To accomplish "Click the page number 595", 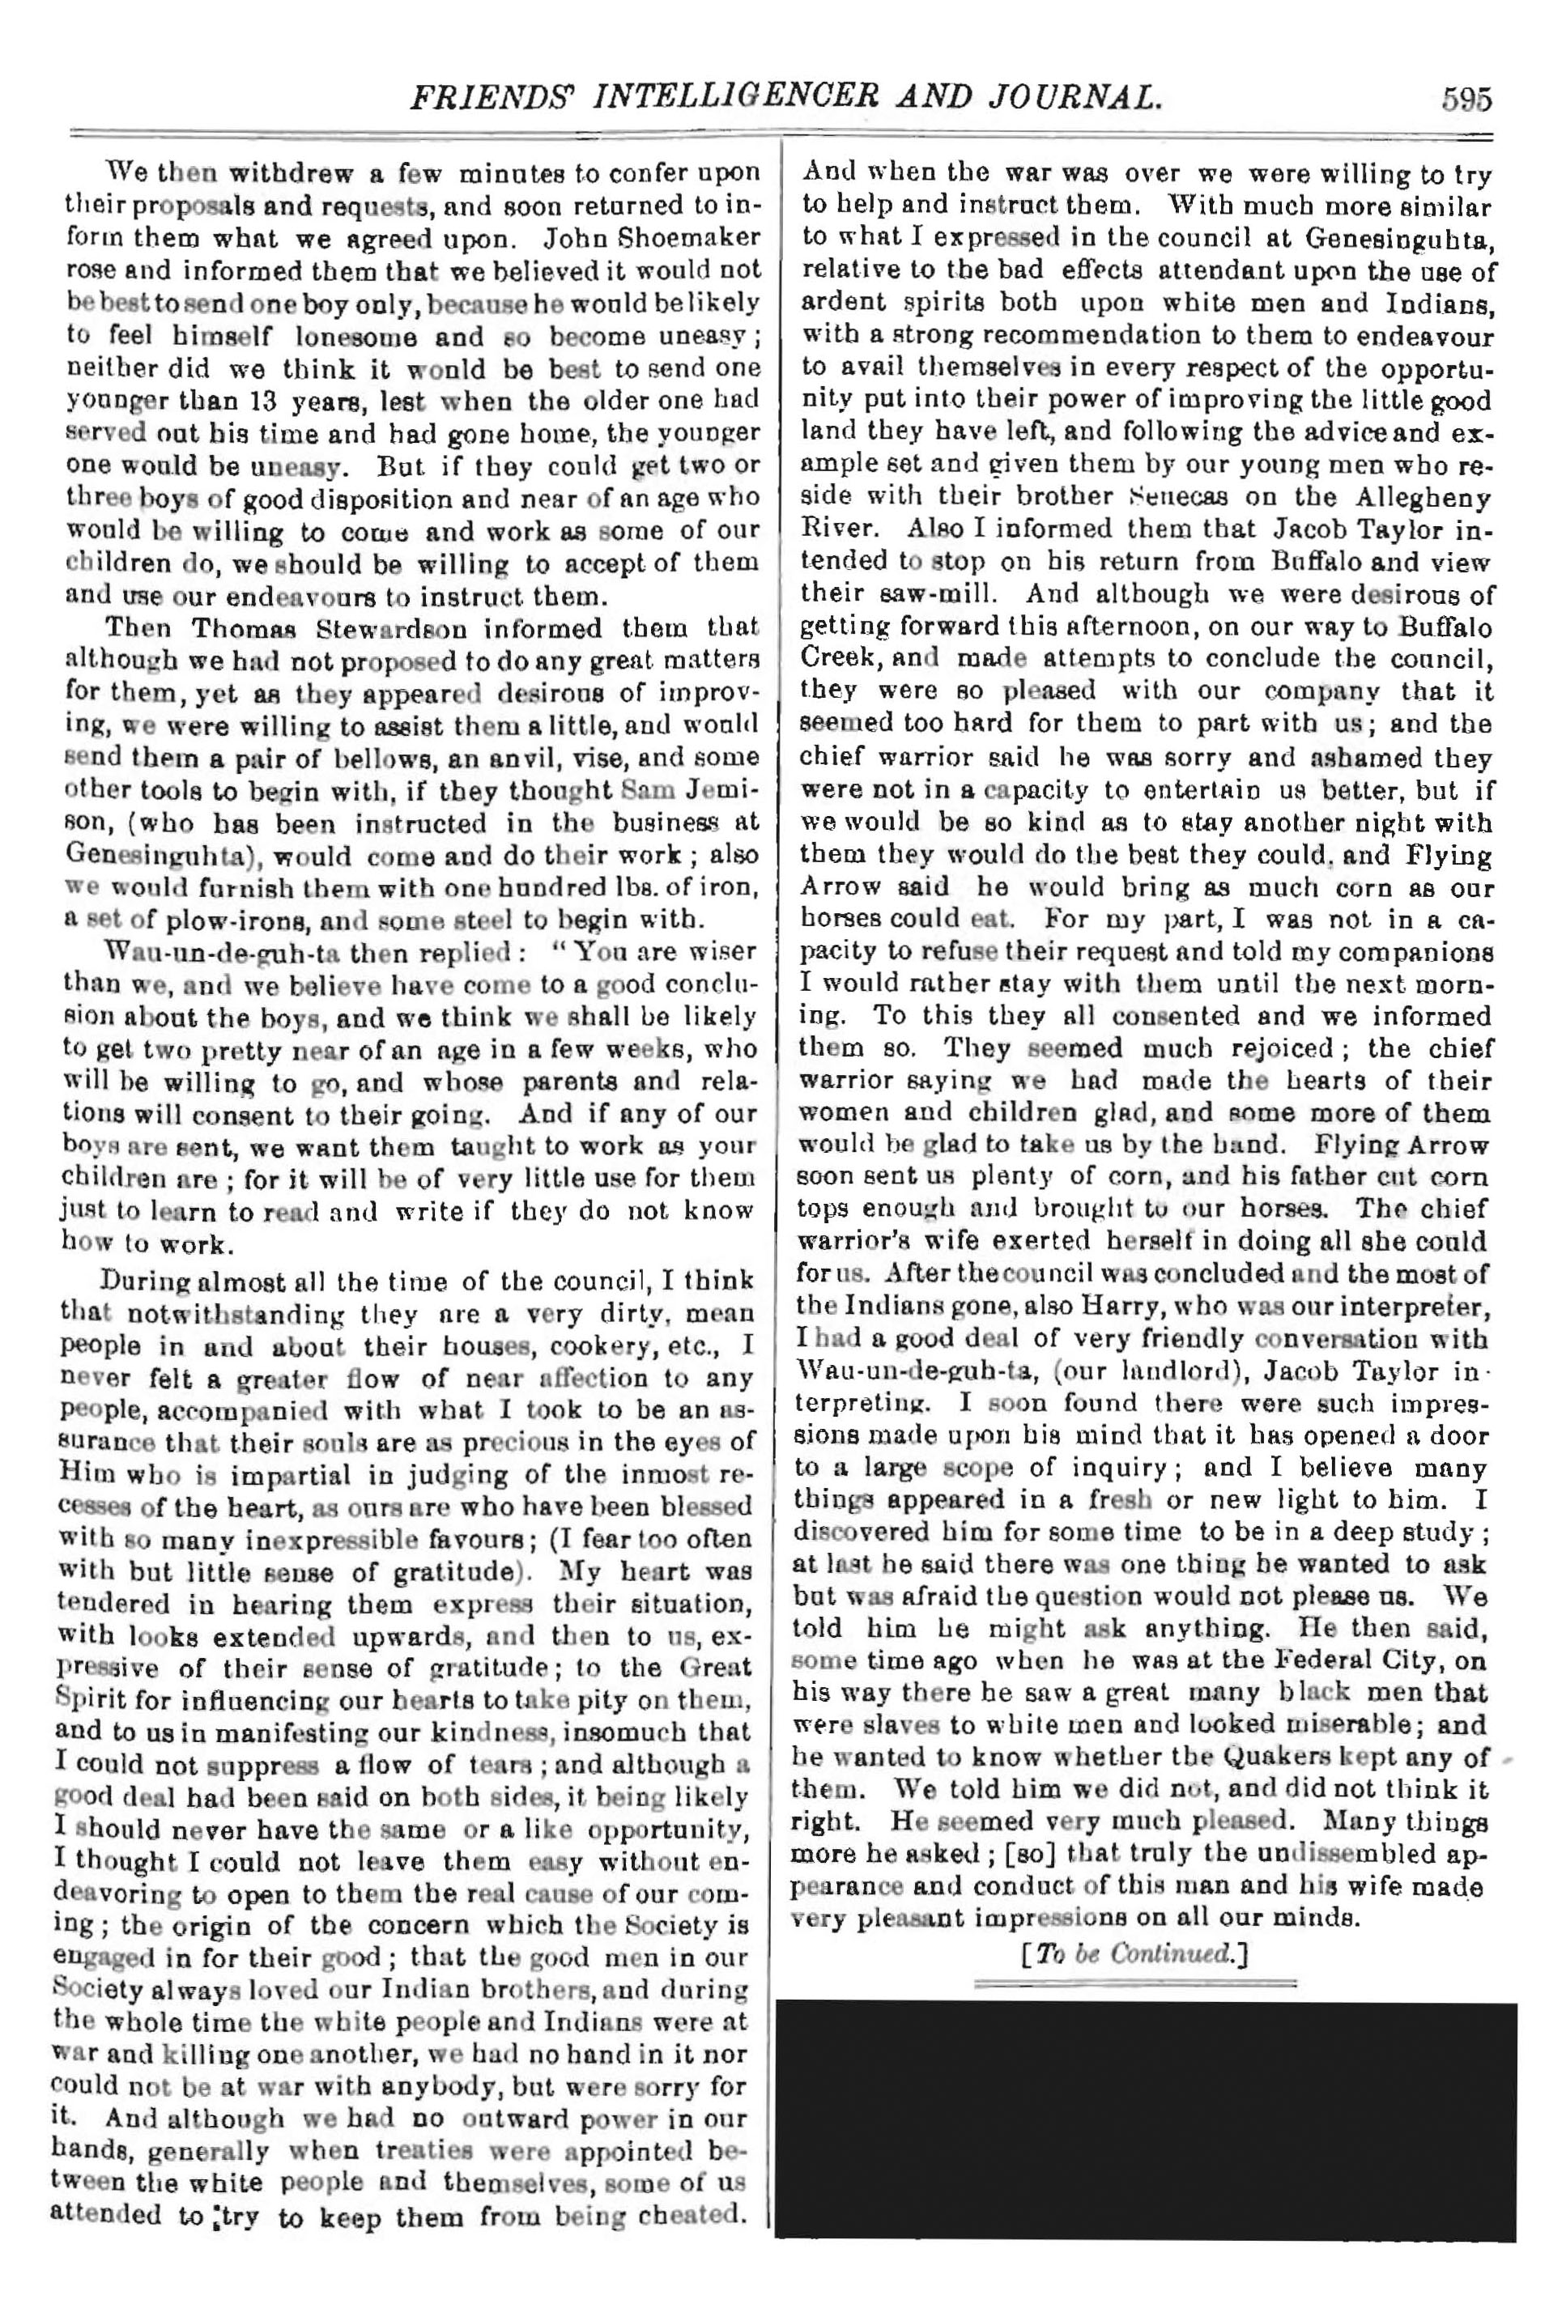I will point(1465,100).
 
